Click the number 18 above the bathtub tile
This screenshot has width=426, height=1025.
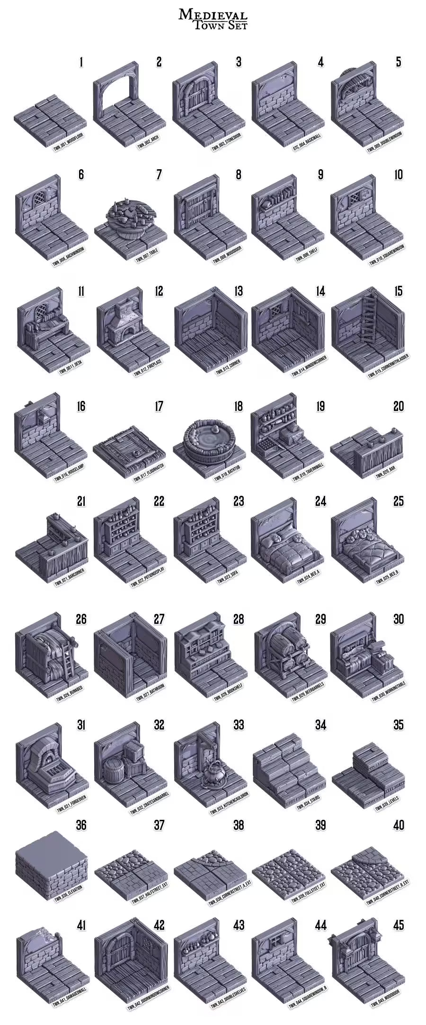pyautogui.click(x=238, y=406)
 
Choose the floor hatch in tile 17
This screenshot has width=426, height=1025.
pyautogui.click(x=129, y=446)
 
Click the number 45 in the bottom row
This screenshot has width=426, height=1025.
pyautogui.click(x=399, y=925)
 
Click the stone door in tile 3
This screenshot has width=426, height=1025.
pyautogui.click(x=195, y=96)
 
